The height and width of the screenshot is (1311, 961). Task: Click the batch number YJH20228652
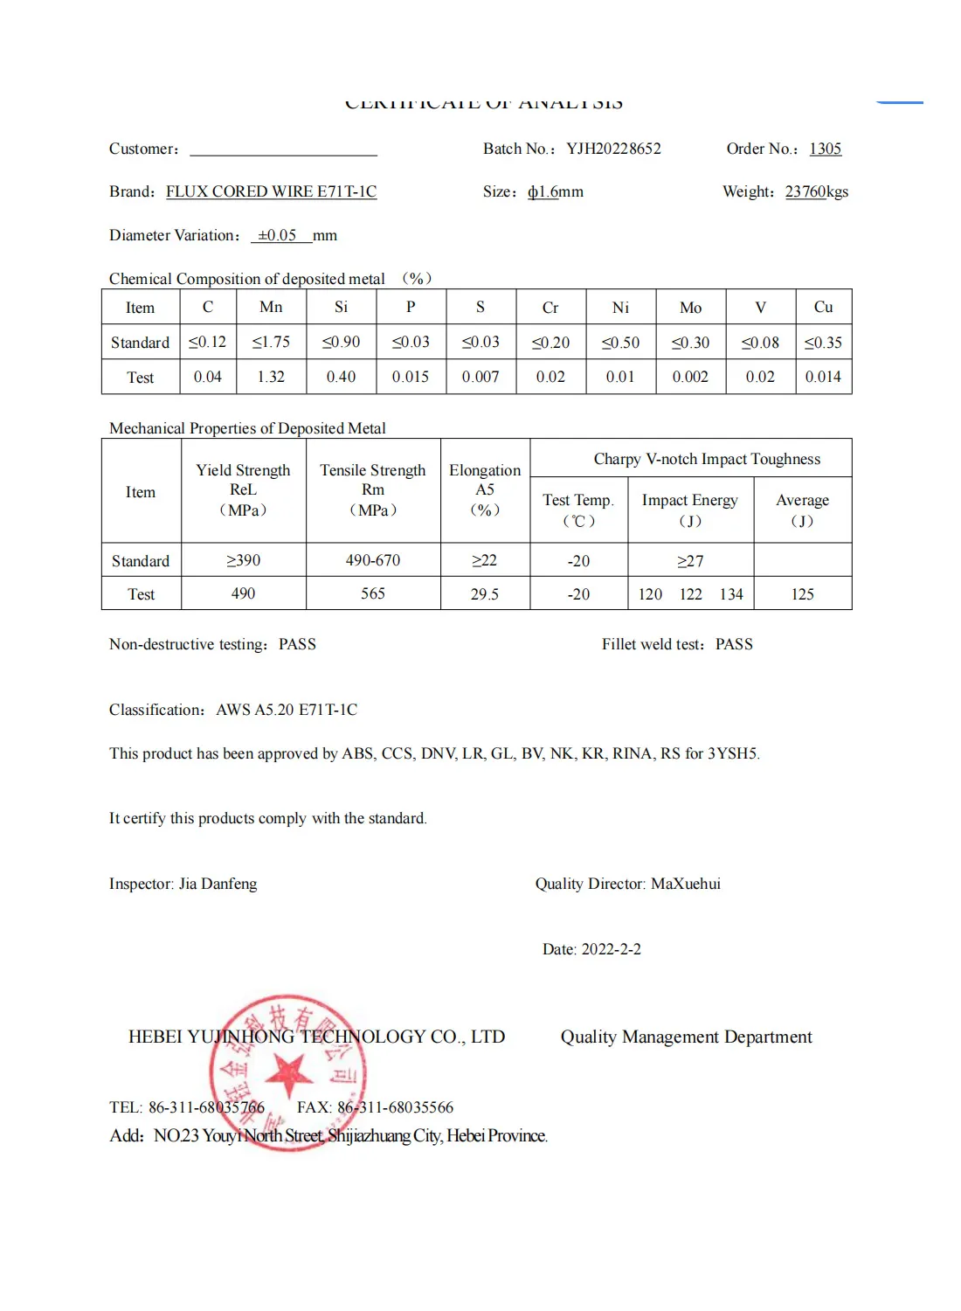pos(613,149)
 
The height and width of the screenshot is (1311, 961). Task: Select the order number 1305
pos(825,149)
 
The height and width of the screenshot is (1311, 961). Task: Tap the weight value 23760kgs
pos(816,191)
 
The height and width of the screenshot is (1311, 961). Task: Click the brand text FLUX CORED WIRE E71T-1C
pos(271,191)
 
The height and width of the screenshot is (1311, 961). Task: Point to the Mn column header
pos(271,307)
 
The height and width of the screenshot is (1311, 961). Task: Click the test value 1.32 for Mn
pos(271,377)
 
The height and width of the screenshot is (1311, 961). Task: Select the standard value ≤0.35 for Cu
pos(823,343)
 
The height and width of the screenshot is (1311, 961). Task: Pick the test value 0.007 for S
pos(480,377)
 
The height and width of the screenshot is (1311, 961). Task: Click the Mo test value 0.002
pos(690,377)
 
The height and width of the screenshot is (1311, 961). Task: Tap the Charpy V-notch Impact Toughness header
pos(707,459)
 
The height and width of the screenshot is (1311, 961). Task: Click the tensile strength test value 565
pos(373,593)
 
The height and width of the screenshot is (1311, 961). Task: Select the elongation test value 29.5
pos(485,594)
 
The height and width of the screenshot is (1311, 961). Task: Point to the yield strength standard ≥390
pos(243,560)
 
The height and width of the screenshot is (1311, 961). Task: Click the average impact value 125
pos(802,594)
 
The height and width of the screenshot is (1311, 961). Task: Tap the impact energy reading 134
pos(731,594)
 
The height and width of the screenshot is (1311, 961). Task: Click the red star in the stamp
pos(288,1072)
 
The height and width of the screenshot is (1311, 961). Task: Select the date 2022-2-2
pos(611,949)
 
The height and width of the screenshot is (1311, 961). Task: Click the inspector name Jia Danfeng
pos(218,884)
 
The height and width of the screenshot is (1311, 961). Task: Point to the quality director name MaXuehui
pos(686,884)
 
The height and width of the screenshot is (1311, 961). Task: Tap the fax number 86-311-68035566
pos(395,1107)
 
